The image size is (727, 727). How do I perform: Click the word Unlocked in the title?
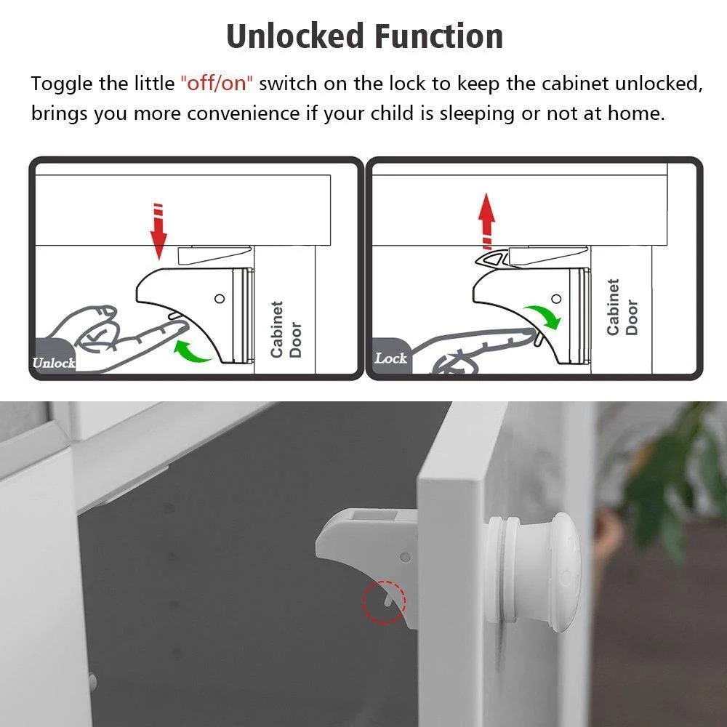pyautogui.click(x=295, y=36)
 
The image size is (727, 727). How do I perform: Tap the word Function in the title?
pyautogui.click(x=438, y=36)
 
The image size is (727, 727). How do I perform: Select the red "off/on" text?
pyautogui.click(x=217, y=84)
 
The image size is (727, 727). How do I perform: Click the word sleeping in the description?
pyautogui.click(x=477, y=113)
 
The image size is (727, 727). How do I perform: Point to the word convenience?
pyautogui.click(x=243, y=113)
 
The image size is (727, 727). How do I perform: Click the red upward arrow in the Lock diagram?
pyautogui.click(x=486, y=221)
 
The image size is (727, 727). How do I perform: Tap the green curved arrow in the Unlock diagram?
pyautogui.click(x=192, y=351)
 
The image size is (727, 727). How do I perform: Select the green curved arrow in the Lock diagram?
pyautogui.click(x=543, y=316)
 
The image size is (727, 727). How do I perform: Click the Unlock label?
pyautogui.click(x=54, y=363)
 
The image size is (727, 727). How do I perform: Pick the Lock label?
pyautogui.click(x=390, y=358)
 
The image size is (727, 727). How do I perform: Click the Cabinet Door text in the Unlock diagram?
pyautogui.click(x=286, y=329)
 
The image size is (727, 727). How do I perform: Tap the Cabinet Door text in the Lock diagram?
pyautogui.click(x=622, y=307)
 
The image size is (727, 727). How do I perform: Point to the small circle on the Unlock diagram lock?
pyautogui.click(x=220, y=299)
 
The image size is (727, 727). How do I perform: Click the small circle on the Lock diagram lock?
pyautogui.click(x=557, y=299)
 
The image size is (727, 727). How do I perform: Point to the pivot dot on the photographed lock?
pyautogui.click(x=405, y=556)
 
